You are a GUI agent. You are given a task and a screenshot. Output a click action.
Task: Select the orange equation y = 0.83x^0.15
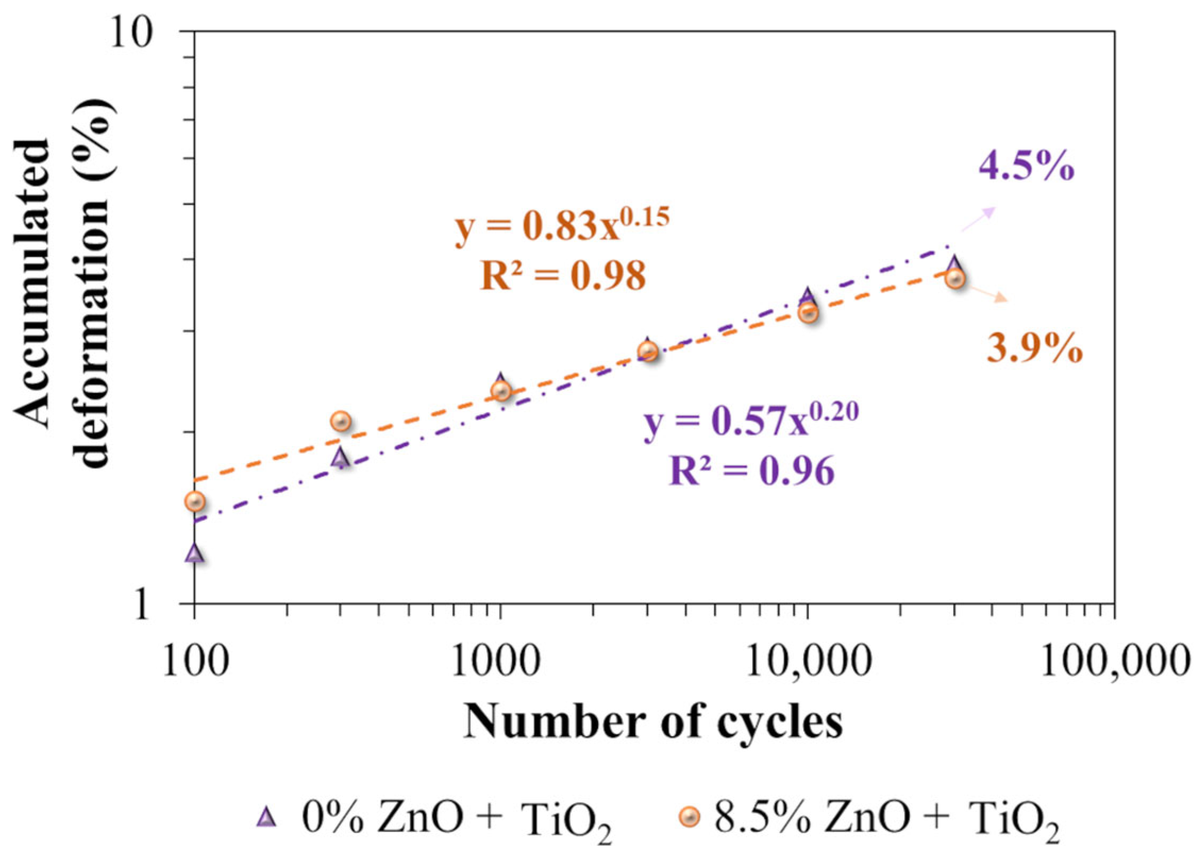coord(561,226)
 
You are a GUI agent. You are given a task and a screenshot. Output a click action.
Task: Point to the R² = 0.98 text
coord(563,277)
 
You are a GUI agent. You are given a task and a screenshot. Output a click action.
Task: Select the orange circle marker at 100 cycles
coord(196,502)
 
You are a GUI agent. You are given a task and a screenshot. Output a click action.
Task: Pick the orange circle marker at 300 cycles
coord(341,421)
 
